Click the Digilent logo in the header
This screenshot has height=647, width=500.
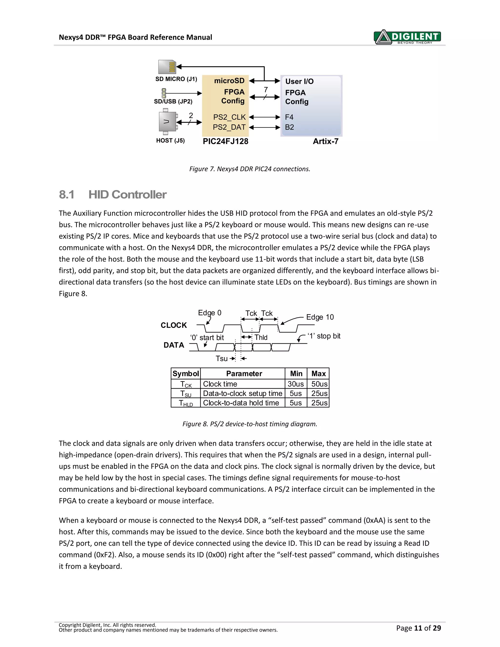coord(407,37)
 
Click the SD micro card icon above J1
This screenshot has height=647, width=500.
coord(167,67)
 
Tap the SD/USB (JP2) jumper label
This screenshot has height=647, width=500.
coord(173,102)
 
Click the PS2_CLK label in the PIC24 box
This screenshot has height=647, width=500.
coord(229,117)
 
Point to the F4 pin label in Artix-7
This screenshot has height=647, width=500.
coord(289,117)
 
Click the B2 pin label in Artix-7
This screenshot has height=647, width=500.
coord(289,127)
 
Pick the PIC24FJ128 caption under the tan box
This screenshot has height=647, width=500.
coord(225,142)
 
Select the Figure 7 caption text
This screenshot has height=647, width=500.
coord(250,169)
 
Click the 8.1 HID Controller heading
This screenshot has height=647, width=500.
coord(113,195)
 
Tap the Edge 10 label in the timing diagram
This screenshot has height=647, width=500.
coord(320,317)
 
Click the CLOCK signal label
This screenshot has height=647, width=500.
coord(174,325)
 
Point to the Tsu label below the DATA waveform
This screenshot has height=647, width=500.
coord(222,359)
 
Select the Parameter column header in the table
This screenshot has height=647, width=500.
coord(244,374)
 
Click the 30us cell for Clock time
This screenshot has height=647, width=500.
coord(296,384)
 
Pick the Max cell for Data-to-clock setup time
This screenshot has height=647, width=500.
coord(319,394)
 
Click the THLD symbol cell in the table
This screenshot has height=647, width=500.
coord(186,403)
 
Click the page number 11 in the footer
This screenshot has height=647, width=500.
coord(418,628)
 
